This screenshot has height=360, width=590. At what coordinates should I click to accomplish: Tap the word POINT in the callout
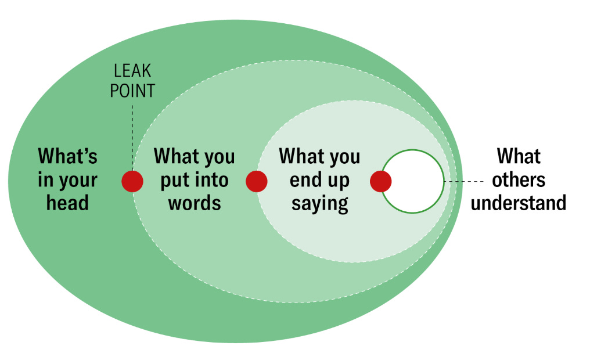point(132,91)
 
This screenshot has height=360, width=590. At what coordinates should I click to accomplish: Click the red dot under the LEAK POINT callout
point(132,181)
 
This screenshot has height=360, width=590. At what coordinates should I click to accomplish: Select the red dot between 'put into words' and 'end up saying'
point(257,181)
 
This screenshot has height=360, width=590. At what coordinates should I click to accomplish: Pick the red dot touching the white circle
point(381,181)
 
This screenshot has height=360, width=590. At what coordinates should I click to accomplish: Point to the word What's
point(68,157)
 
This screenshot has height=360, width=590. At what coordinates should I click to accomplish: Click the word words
point(195,203)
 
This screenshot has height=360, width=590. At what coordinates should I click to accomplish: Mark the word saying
point(319,203)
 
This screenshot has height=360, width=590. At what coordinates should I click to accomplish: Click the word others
point(519,180)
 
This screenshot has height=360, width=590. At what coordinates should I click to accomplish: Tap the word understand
point(519,203)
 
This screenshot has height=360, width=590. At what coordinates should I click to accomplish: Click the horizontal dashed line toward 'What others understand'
point(465,182)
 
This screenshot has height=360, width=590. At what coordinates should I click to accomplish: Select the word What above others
point(519,157)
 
